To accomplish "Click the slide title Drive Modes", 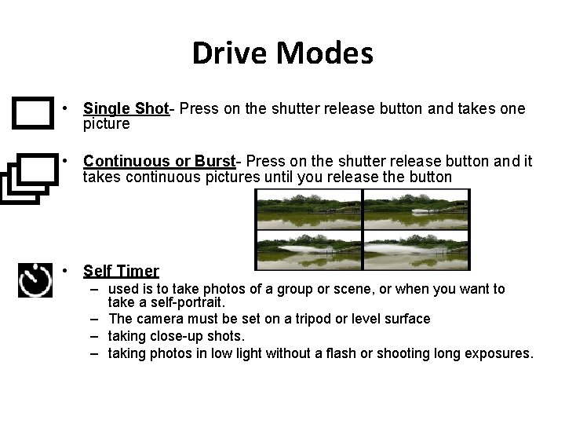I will [x=282, y=53].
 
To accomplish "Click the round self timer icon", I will [x=35, y=279].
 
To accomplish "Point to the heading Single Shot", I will [x=126, y=109].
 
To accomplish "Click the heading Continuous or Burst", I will [x=159, y=162].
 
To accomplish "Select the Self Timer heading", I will [x=121, y=271].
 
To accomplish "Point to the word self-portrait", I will [x=188, y=302].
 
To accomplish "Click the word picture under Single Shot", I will [x=106, y=124].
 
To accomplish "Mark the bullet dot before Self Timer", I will [x=71, y=270].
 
